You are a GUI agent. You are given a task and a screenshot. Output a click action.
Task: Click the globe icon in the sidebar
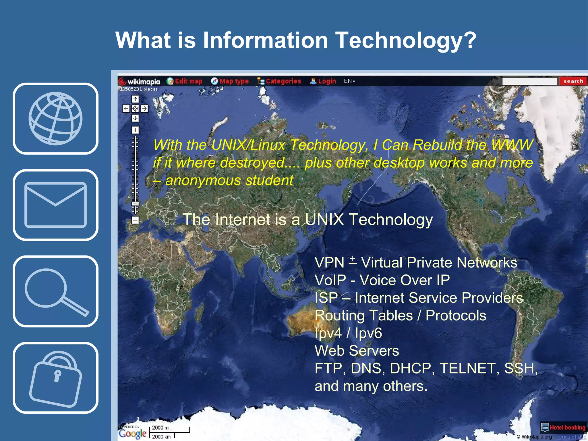point(55,119)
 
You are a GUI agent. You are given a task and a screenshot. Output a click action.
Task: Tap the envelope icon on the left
point(55,205)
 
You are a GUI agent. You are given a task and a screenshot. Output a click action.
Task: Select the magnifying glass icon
point(55,291)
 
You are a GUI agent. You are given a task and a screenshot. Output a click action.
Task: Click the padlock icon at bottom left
point(55,378)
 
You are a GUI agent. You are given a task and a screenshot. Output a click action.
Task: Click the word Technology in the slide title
point(405,40)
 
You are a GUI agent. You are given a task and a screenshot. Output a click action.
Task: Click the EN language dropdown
point(349,81)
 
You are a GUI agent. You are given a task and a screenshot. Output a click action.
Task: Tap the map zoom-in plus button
point(135,130)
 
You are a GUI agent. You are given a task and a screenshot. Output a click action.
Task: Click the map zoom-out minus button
point(135,220)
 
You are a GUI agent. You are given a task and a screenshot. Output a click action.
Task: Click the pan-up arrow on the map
point(135,99)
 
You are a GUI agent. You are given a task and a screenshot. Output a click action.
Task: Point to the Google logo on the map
point(133,433)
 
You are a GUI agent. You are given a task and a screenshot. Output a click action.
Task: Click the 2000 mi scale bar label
point(161,428)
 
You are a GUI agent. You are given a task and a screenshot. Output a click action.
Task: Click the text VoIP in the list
point(330,280)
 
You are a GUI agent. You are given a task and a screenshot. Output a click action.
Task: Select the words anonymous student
point(229,181)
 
